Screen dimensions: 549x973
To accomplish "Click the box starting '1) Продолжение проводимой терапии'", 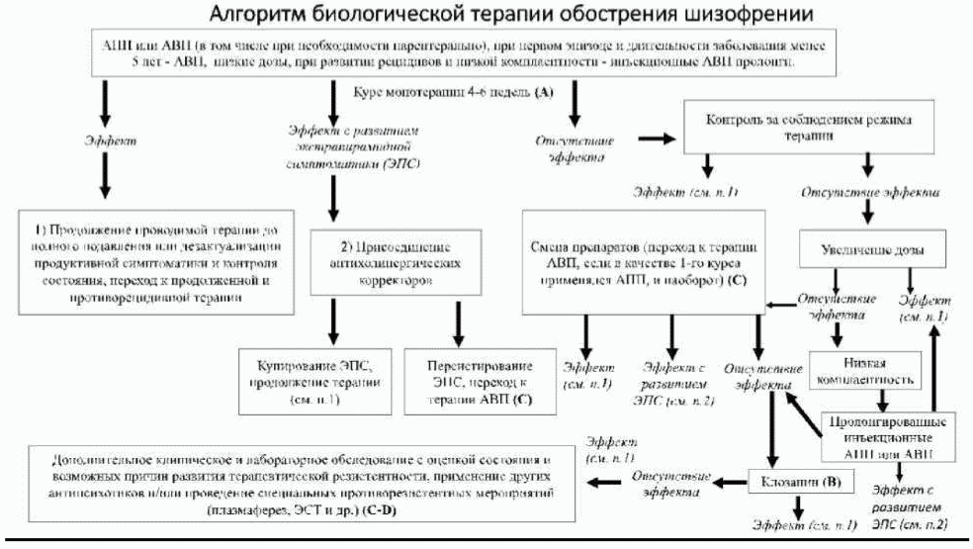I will coord(156,260).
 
